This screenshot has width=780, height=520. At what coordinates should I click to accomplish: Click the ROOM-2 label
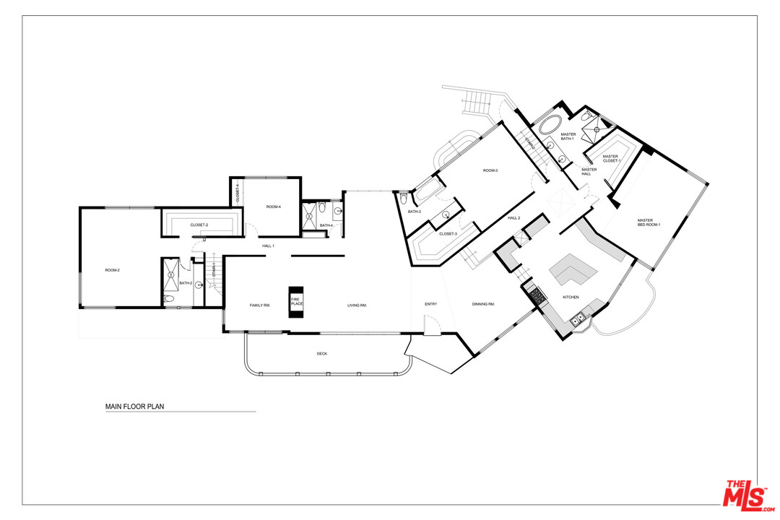coord(112,270)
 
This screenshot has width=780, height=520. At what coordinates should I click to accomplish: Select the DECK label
coord(321,354)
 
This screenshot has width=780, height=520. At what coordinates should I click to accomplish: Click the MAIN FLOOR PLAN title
coord(134,407)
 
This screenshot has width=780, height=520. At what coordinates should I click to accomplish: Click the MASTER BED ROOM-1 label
coord(649,222)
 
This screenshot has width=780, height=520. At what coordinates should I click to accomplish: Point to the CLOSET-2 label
coord(199,225)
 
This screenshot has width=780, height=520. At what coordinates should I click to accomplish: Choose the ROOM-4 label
coord(273,207)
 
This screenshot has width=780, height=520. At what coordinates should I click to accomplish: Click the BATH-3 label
coord(414,212)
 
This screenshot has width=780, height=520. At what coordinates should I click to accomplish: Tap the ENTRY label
coord(430,304)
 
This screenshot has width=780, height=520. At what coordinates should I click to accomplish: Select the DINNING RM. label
coord(483,304)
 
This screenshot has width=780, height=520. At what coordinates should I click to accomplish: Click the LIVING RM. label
coord(357,305)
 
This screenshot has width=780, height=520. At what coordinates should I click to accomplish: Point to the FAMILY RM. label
coord(259,305)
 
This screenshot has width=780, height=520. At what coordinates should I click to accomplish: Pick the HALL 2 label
coord(513,217)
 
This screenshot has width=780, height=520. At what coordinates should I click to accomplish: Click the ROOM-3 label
coord(491,170)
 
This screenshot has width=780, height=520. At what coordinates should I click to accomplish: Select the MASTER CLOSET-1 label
coord(611,158)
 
